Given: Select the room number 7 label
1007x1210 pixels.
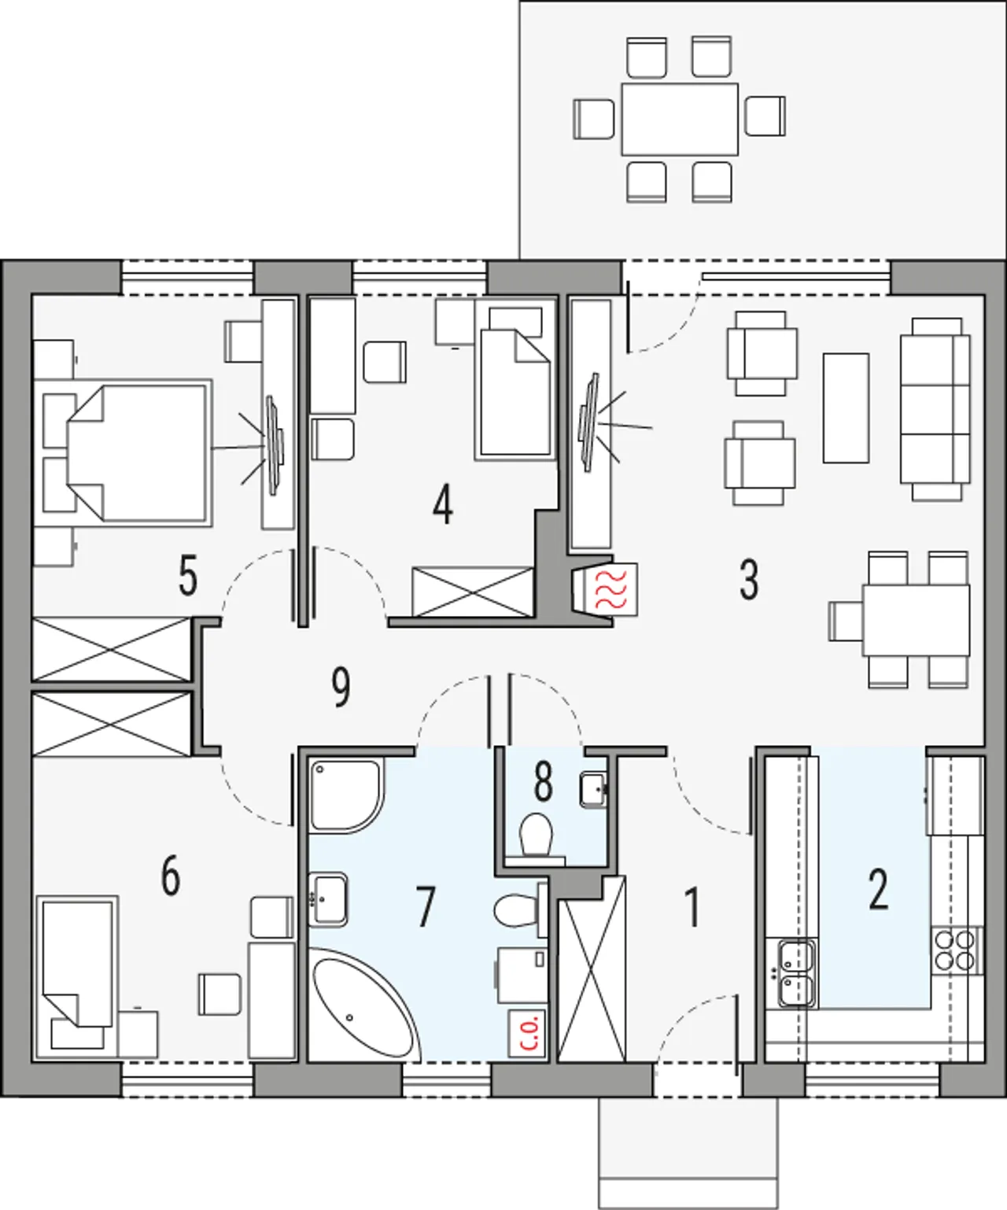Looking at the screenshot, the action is click(x=426, y=907).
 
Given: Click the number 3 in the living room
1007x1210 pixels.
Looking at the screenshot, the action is click(x=749, y=580).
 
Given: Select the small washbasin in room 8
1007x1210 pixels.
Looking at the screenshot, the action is click(x=593, y=789).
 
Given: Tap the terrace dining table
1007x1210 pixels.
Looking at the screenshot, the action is click(x=680, y=119).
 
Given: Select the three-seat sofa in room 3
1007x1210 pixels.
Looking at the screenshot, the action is click(x=935, y=409).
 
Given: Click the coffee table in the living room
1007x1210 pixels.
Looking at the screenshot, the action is click(x=846, y=408).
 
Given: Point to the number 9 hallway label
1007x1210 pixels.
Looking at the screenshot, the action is click(x=341, y=688).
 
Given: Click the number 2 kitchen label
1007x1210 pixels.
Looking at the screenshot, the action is click(x=879, y=890).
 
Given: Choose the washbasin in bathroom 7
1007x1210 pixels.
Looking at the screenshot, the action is click(x=328, y=899).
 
